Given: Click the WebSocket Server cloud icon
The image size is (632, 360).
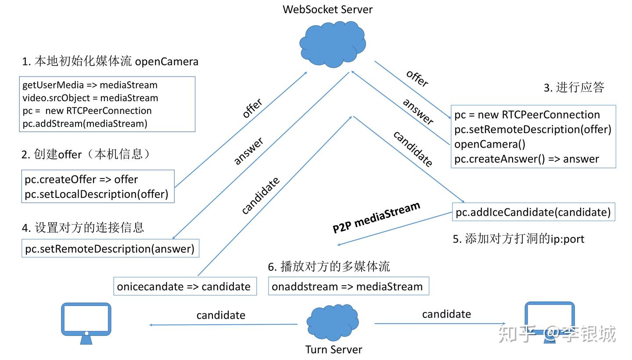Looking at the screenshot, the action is click(333, 45).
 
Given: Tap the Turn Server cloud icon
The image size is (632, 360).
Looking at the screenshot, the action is click(333, 323).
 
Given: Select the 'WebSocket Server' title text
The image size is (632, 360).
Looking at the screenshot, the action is click(327, 9).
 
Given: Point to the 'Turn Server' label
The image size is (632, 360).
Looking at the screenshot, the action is click(334, 349).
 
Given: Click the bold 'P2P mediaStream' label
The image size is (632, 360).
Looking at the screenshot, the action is click(376, 217).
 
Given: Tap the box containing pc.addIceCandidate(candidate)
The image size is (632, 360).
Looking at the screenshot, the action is click(533, 212).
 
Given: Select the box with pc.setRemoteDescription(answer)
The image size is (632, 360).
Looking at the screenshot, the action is click(110, 249).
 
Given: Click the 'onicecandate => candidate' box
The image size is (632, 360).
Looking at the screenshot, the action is click(184, 287).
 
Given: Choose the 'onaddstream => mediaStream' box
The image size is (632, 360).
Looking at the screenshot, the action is click(348, 287).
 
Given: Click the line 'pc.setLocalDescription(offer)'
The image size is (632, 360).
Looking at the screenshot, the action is click(97, 194).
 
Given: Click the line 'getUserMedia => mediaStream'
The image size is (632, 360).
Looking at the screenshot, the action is click(90, 85).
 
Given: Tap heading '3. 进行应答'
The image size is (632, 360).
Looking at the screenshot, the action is click(574, 87).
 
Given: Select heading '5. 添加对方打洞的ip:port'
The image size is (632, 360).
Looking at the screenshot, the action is click(518, 239).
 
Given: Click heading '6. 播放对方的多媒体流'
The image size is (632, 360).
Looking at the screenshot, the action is click(329, 266).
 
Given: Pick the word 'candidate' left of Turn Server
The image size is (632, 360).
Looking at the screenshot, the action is click(221, 315).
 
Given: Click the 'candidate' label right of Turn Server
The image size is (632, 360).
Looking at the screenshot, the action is click(446, 314).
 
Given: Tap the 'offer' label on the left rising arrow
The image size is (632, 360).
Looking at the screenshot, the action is click(252, 108).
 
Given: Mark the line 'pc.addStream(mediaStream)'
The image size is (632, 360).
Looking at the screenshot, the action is click(85, 124).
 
